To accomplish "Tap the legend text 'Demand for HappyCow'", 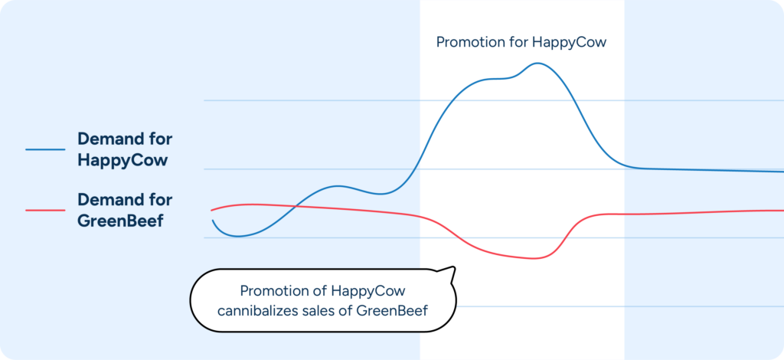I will [x=124, y=150].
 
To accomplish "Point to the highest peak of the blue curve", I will [x=537, y=63].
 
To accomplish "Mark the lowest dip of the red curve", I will [x=533, y=258].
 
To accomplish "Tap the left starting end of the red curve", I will [x=212, y=209].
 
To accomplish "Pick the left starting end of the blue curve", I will [x=213, y=221].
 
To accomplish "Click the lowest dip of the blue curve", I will [x=238, y=237].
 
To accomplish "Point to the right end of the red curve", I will [x=781, y=210].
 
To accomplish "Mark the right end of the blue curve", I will [x=781, y=172].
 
